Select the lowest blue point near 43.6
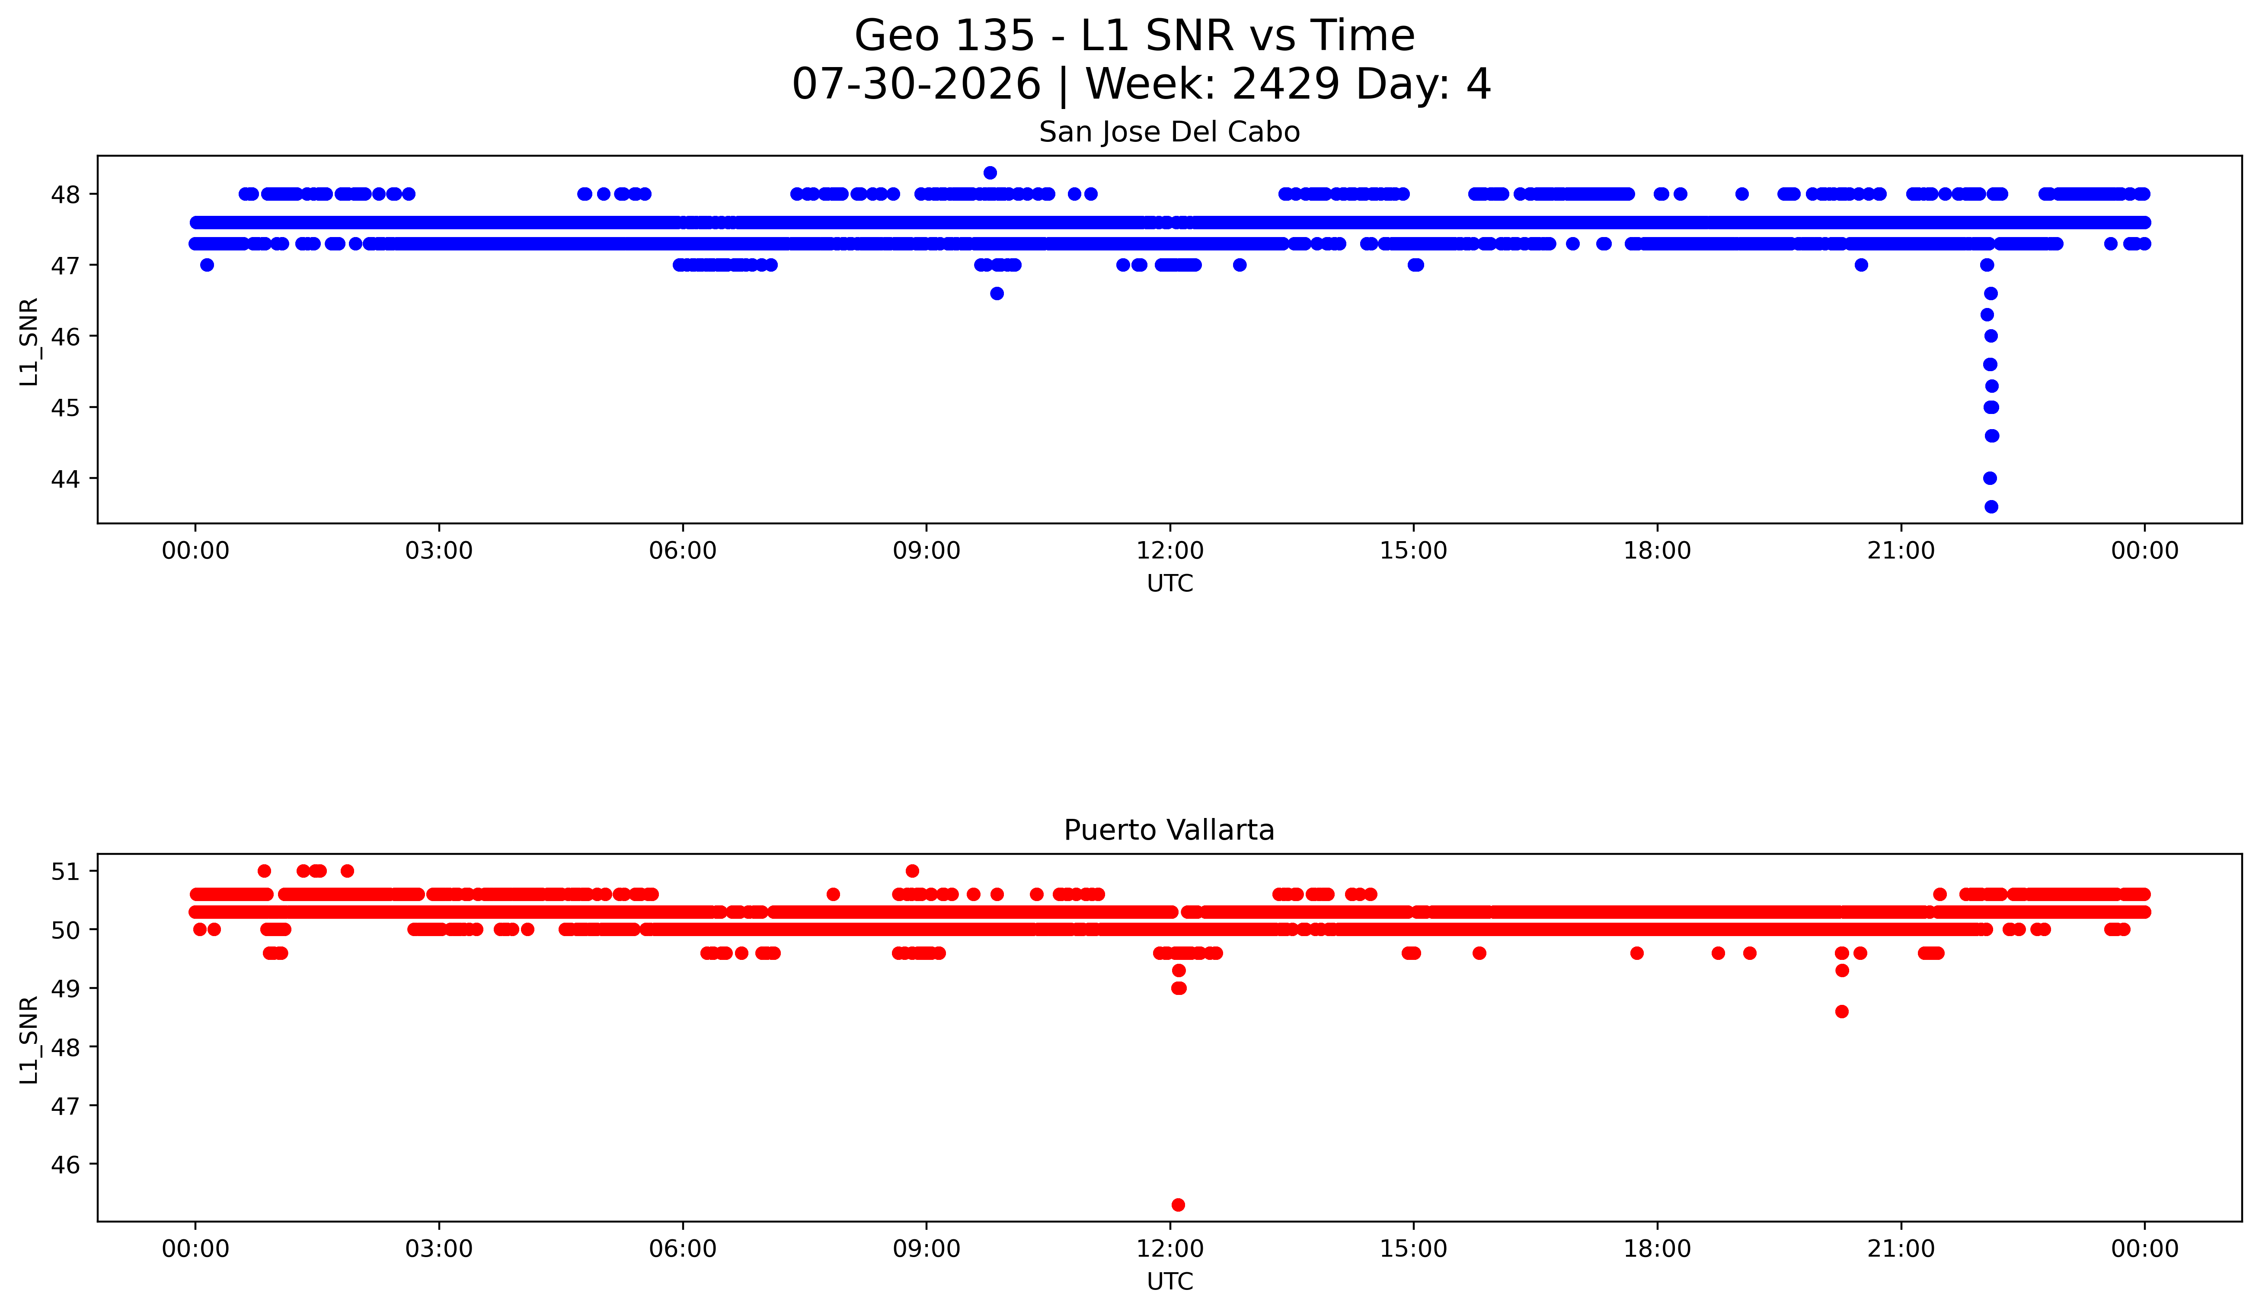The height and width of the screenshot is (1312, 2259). [1991, 507]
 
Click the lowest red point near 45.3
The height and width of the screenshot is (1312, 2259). [1178, 1204]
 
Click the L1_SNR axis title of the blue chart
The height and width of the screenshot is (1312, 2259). [29, 342]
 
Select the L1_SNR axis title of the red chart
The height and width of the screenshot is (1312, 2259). [29, 1039]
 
